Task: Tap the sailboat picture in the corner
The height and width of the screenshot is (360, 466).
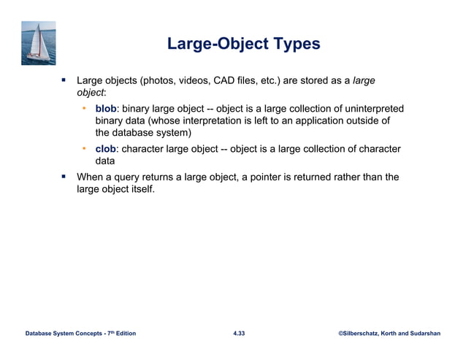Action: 39,43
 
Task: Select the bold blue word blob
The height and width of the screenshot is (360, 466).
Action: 107,110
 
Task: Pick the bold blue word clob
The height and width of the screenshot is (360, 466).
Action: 106,149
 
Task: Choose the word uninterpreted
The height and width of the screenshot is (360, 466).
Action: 368,110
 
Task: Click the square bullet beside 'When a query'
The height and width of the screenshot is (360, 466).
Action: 64,177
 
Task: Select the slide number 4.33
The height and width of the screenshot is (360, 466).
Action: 239,333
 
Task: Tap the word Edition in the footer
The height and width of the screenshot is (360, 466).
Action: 122,333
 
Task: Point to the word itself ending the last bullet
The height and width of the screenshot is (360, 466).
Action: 140,189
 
